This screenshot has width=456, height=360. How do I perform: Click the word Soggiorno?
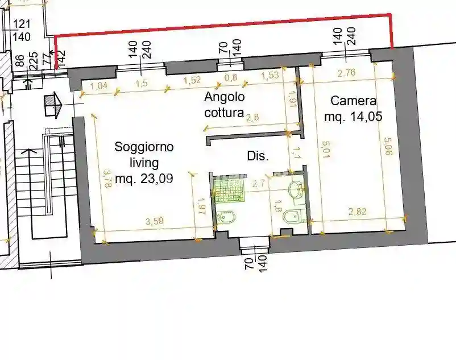(144, 147)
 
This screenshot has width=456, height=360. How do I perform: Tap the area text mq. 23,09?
(144, 179)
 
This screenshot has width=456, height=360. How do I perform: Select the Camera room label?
(353, 102)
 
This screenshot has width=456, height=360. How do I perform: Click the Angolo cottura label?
(225, 104)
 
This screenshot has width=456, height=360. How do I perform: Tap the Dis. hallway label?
(257, 156)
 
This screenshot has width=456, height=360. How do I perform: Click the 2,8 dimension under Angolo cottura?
(253, 118)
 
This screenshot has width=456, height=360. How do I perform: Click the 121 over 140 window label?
(21, 30)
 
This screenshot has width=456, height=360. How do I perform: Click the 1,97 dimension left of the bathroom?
(201, 208)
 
